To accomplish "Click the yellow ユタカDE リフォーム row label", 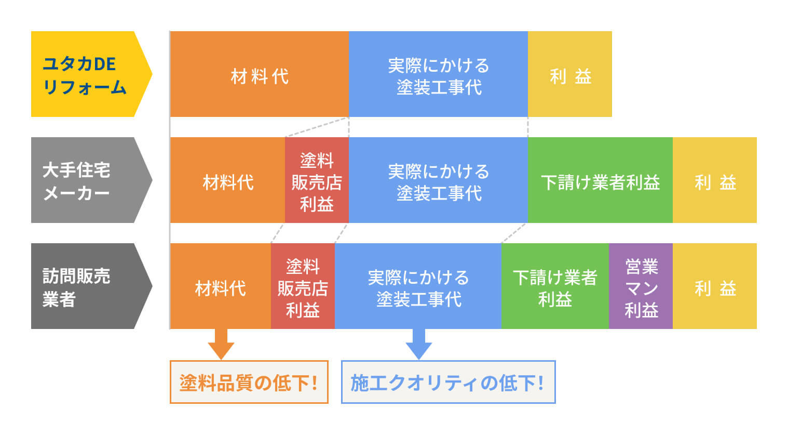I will [x=86, y=74].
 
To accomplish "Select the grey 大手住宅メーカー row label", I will [x=86, y=180].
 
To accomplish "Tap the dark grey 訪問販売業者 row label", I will [x=86, y=286].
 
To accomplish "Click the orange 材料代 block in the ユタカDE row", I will [x=259, y=74].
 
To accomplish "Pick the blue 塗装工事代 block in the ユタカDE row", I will [x=438, y=74].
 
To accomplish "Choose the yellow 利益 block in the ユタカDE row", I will [x=569, y=74].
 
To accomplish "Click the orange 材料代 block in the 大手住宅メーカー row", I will [x=227, y=180].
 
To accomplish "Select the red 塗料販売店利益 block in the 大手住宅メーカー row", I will [x=317, y=180].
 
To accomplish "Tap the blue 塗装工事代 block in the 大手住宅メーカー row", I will [x=438, y=180].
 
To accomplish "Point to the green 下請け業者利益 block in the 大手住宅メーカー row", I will [x=600, y=180].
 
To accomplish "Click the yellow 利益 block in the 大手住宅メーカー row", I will [x=714, y=180].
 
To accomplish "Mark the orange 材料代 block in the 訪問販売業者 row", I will [x=220, y=286].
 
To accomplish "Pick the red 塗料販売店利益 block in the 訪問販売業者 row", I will [x=303, y=286].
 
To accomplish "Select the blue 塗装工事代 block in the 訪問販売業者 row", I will [x=418, y=286].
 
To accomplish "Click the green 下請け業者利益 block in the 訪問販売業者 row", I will [x=554, y=286].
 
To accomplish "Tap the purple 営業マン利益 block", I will [x=641, y=286].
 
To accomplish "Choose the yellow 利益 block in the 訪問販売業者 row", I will [x=714, y=286].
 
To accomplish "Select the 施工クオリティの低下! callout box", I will [x=448, y=383].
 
